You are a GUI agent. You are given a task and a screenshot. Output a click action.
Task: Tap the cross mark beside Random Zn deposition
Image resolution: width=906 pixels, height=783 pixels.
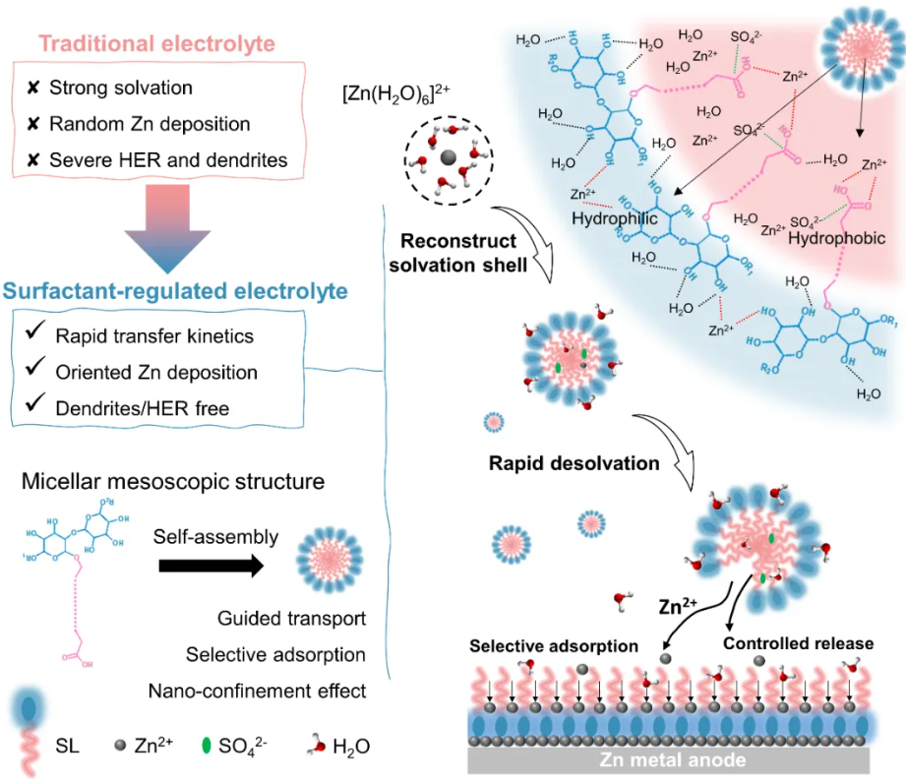coord(31,124)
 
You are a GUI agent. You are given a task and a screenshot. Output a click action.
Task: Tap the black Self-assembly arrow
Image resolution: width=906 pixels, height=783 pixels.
coord(214,565)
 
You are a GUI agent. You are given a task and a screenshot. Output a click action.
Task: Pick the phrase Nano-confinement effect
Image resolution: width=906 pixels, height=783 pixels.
coord(257,690)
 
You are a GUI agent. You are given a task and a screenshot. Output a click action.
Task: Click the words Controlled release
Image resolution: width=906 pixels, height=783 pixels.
coord(798,643)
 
